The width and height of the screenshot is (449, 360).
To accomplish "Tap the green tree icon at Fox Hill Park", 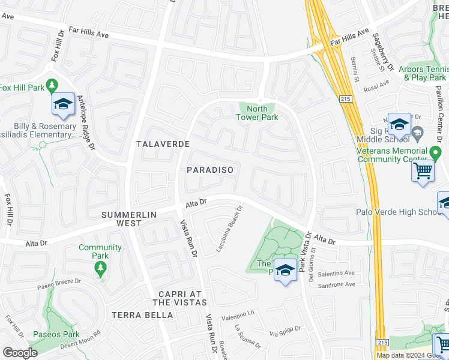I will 52,84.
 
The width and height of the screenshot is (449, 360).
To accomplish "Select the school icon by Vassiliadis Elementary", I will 62,104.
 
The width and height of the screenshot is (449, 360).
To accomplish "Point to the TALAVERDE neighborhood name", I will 163,144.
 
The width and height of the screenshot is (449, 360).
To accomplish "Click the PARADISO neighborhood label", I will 209,170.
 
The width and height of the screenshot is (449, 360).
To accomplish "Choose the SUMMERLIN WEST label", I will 129,218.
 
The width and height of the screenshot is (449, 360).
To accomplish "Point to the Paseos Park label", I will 56,334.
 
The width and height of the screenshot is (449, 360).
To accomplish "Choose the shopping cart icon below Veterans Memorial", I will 423,171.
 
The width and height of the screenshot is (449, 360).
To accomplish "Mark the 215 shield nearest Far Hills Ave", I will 345,99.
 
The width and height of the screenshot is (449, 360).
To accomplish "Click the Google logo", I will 20,353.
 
